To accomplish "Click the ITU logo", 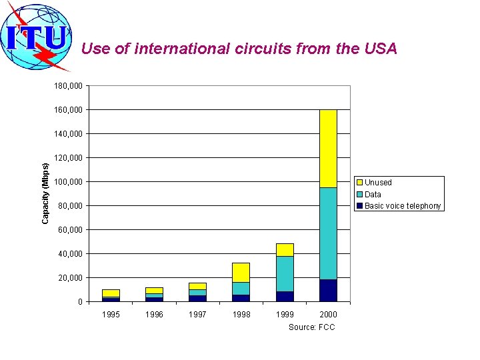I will click(x=37, y=37).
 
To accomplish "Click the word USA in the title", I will click(x=381, y=49).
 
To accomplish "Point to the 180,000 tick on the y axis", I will click(x=69, y=86).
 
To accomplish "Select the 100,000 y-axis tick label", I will click(x=69, y=182).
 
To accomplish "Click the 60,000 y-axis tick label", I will click(x=71, y=230).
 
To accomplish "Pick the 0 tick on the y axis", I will click(x=80, y=302).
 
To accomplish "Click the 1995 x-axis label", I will click(x=111, y=315).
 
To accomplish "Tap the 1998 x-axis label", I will click(x=241, y=315).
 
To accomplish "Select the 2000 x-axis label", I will click(x=328, y=315).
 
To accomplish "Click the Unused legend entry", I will click(x=378, y=183).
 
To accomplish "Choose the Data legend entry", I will click(x=373, y=194).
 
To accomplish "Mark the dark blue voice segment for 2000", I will click(x=328, y=291).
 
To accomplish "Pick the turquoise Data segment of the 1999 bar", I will click(x=285, y=274).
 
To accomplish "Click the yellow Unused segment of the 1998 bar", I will click(x=241, y=272).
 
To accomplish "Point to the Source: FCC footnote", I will click(x=311, y=327).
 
